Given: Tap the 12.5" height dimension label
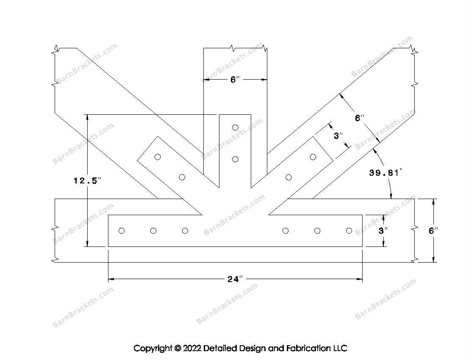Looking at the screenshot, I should pos(87,181).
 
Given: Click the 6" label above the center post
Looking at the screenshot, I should pos(235,80).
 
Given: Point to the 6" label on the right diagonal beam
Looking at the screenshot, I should pos(360,118).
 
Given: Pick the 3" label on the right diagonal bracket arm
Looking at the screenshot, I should pos(338,136).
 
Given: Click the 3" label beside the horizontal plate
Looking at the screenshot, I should pos(383,231).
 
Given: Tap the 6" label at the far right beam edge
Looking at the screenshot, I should pos(433,231).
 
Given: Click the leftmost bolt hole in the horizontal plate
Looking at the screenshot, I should pos(122,231).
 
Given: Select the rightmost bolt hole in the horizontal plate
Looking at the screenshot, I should pos(349,231).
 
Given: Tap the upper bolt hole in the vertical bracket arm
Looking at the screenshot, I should pos(235,127).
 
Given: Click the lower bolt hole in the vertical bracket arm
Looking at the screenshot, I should pos(235,159).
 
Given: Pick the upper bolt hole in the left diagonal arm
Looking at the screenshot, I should pos(158,157).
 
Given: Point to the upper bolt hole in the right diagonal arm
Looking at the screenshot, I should pos(313,157).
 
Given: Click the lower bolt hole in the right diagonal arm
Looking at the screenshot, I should pos(288,177).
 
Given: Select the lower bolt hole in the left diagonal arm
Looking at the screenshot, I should pos(182,177).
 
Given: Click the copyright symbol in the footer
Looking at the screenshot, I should pos(177,349).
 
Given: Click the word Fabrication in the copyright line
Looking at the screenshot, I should pos(302,349).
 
